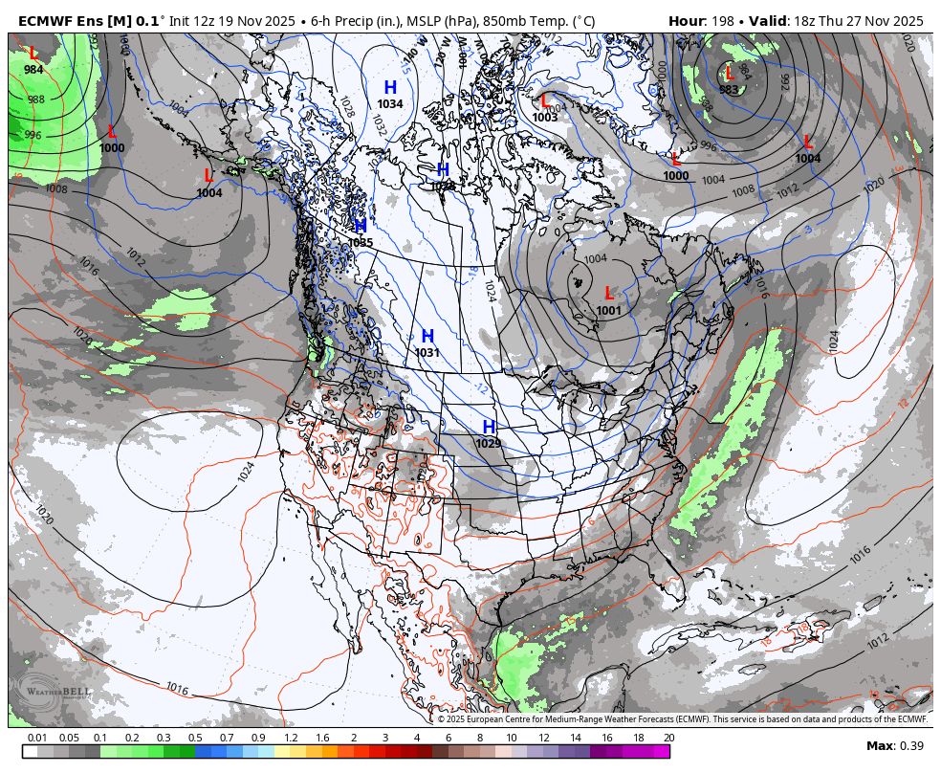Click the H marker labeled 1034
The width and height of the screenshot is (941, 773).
[390, 88]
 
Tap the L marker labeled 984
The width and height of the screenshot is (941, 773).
[34, 55]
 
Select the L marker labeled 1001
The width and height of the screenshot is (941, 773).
[609, 294]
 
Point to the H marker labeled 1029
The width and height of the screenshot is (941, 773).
[489, 427]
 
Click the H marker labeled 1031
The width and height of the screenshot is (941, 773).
[427, 337]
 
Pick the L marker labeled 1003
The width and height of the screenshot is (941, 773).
[545, 100]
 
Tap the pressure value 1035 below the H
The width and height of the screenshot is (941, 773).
[361, 243]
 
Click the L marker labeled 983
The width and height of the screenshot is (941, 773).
[730, 74]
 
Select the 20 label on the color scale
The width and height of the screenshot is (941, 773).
[668, 738]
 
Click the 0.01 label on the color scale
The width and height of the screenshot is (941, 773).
[37, 738]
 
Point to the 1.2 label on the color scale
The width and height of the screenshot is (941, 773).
[291, 738]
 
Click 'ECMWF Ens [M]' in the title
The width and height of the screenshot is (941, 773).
[75, 21]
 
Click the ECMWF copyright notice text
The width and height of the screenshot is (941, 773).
[682, 719]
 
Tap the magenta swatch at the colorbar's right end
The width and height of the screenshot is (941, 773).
[661, 752]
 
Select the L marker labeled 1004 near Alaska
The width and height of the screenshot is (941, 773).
[208, 177]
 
